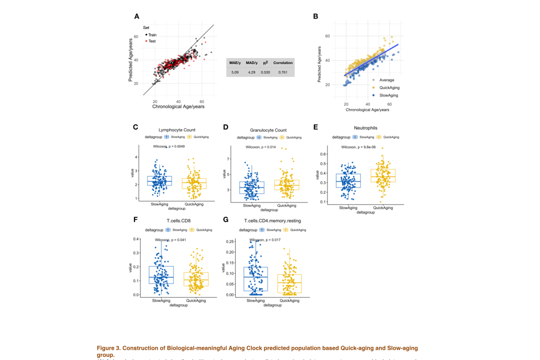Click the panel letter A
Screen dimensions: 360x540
click(x=136, y=16)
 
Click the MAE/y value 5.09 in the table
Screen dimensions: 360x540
click(x=235, y=72)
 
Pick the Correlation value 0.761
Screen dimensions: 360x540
click(x=282, y=72)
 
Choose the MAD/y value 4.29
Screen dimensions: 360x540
click(x=251, y=72)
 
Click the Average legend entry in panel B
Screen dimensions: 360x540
click(x=386, y=80)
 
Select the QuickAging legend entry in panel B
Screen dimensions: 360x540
click(x=389, y=87)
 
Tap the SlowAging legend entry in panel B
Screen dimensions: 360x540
click(x=389, y=94)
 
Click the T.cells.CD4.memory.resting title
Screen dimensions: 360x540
click(x=272, y=220)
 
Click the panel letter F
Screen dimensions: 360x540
click(x=135, y=219)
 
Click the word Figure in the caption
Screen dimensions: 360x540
click(x=108, y=348)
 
